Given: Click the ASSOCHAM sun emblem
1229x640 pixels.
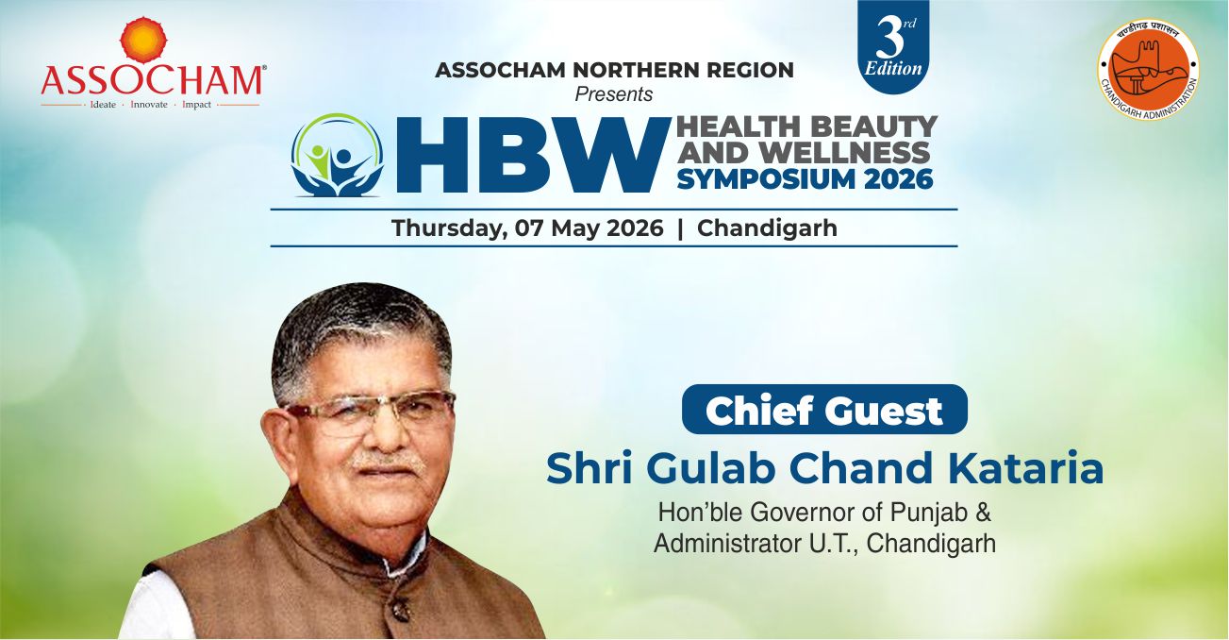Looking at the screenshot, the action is click(143, 40).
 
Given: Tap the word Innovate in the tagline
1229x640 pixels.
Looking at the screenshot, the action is click(149, 104).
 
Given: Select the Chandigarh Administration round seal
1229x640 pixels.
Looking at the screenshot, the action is click(1148, 70).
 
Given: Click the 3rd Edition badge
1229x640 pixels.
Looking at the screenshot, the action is click(893, 47).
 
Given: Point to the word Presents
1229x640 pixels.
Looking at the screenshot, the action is click(613, 94).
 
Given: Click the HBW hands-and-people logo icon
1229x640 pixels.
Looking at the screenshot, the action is click(338, 155).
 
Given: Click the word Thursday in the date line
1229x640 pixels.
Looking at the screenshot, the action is click(449, 228).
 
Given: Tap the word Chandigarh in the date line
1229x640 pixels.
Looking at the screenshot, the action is click(767, 228).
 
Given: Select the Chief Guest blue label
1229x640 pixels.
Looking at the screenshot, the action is click(824, 410).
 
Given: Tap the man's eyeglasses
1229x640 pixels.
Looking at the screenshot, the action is click(368, 412).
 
